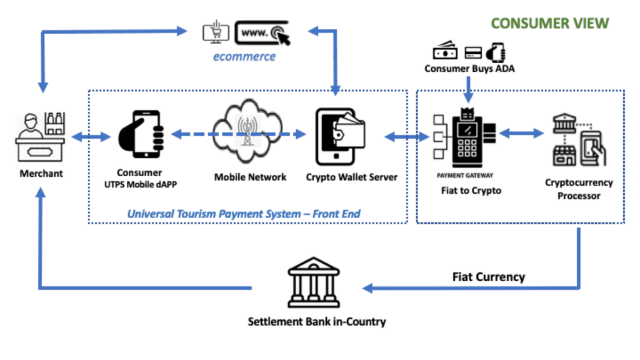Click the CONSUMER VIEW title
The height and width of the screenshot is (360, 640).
point(550,24)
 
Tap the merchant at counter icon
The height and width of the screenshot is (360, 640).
point(41,137)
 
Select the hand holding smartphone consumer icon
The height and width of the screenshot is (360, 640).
point(141,134)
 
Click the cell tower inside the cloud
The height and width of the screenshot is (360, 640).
point(247,131)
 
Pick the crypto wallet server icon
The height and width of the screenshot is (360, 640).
point(340,136)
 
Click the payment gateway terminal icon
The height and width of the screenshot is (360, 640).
point(465,138)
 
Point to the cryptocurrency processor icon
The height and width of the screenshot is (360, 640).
point(579,139)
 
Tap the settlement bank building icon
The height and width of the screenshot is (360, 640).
point(314,282)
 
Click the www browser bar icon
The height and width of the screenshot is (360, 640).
point(262,32)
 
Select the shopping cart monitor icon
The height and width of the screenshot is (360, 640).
point(216,31)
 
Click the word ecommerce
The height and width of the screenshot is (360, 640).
point(244,56)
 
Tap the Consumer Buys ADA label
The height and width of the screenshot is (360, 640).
point(469,69)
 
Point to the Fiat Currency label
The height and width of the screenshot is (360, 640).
point(489,277)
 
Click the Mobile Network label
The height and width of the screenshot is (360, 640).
point(250,177)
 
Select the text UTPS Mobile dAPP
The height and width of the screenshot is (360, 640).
point(141,184)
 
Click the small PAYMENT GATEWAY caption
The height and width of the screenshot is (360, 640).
point(465,176)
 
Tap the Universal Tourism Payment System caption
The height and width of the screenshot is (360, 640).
point(244,214)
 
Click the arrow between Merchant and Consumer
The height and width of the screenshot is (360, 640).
point(91,137)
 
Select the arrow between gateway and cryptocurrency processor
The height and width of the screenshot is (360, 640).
point(521,133)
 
